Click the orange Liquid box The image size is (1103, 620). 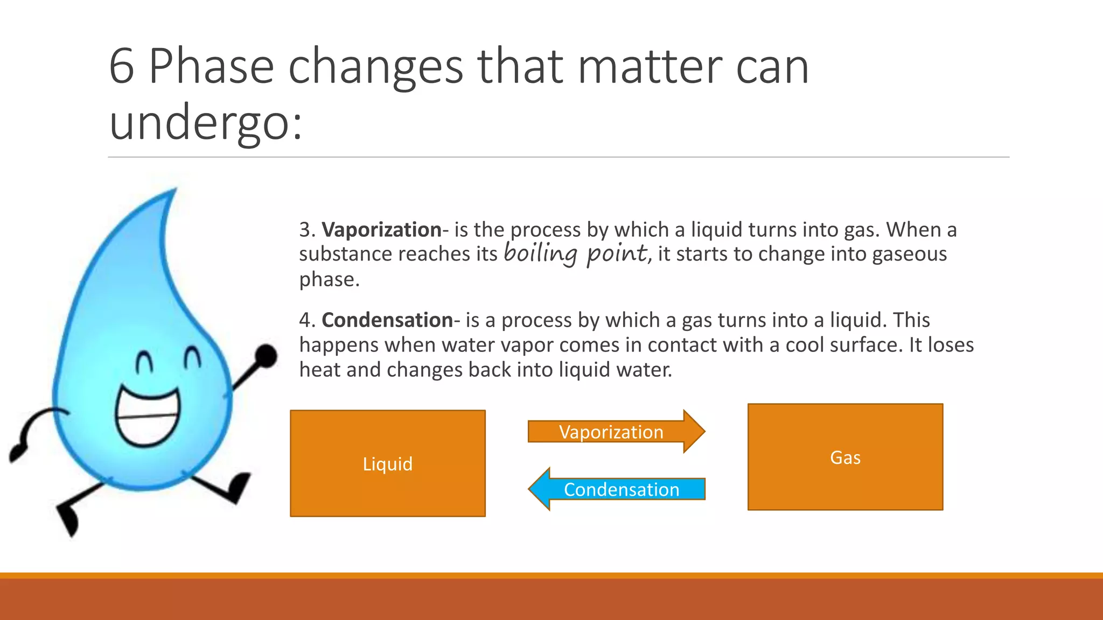click(x=388, y=463)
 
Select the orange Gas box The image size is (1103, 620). click(x=845, y=457)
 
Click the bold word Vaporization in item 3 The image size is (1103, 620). click(x=381, y=230)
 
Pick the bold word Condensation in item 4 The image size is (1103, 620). click(x=387, y=320)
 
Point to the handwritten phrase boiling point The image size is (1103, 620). click(x=576, y=253)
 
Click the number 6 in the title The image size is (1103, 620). click(x=121, y=67)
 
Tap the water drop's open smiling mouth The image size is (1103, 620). click(x=148, y=418)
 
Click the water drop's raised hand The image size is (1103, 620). click(x=266, y=355)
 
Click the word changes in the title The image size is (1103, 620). click(x=375, y=67)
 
